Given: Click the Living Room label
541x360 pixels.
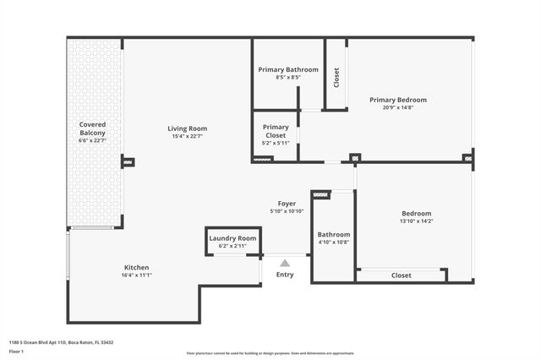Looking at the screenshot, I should tap(188, 128).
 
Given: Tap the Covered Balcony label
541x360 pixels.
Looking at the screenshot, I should tap(93, 128).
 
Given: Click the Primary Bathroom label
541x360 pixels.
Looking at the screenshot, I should tap(288, 69).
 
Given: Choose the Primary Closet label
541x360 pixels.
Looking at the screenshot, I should tap(276, 131).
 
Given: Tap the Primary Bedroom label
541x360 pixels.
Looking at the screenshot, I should tap(398, 100).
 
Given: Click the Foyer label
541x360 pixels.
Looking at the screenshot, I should tap(287, 204).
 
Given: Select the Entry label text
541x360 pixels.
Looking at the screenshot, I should tap(285, 275).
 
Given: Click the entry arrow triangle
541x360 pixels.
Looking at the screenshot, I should tap(285, 263).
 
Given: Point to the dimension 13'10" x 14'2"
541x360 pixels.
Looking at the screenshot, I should tap(416, 221).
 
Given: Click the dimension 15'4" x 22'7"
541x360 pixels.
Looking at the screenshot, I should tap(188, 136).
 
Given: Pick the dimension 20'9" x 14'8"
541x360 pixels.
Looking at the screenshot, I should tap(398, 107).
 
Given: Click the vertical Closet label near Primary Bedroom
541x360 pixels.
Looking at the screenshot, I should tap(336, 78).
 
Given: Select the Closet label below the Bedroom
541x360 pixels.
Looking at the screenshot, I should tap(402, 275).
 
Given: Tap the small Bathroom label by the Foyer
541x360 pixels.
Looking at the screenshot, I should tap(333, 234).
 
